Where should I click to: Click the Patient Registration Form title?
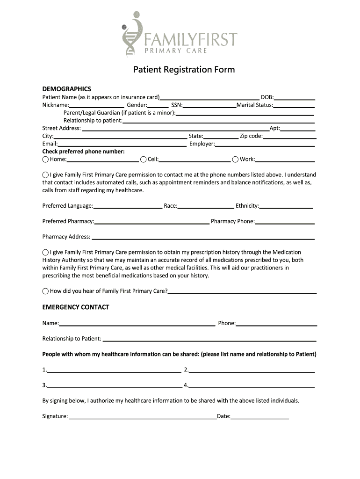click(x=184, y=70)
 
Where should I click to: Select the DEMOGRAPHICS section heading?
click(x=66, y=89)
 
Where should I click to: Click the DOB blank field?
click(x=295, y=98)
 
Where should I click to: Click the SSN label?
click(x=177, y=105)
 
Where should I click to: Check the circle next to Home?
click(x=45, y=160)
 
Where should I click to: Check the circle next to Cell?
click(x=143, y=160)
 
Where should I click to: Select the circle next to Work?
click(x=235, y=160)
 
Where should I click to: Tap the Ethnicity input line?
click(x=286, y=206)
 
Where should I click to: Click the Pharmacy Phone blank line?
click(x=285, y=222)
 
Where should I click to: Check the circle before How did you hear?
click(x=45, y=291)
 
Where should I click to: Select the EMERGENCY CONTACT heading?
click(x=76, y=307)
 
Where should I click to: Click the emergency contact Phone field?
click(x=276, y=323)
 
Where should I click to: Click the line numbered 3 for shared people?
click(x=114, y=385)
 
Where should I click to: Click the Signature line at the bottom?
click(x=143, y=416)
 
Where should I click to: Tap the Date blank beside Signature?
click(x=259, y=416)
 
